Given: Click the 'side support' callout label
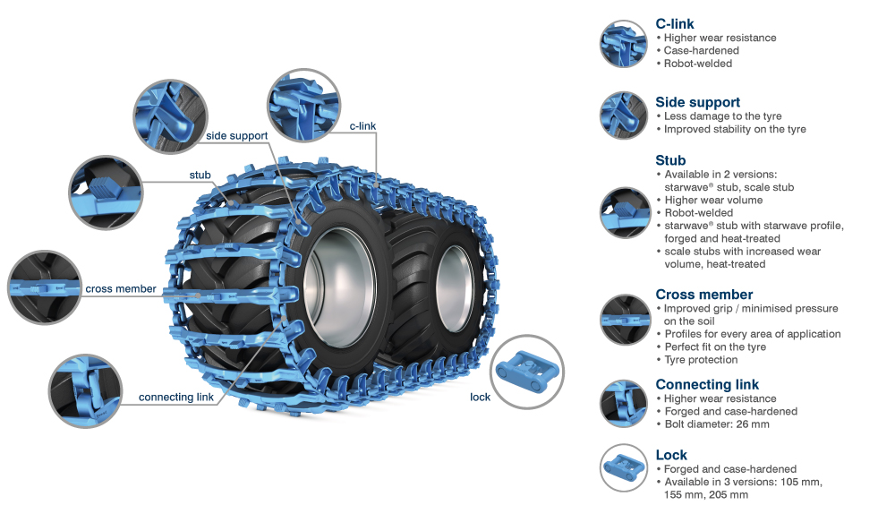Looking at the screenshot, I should [x=236, y=136].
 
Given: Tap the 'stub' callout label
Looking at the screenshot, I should [x=200, y=175].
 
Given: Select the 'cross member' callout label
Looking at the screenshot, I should [x=121, y=289].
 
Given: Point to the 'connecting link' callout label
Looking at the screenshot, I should [x=176, y=397].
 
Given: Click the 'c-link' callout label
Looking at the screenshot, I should [x=362, y=126].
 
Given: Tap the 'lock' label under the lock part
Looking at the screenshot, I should [x=480, y=397].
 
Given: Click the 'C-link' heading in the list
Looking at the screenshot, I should [x=675, y=24].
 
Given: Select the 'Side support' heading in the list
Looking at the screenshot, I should [x=697, y=102].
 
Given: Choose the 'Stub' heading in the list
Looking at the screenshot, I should [x=670, y=161].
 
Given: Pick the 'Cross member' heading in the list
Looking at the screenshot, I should [x=703, y=295].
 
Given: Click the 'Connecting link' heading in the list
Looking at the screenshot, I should [x=707, y=385].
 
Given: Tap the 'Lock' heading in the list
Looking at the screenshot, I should [x=671, y=455].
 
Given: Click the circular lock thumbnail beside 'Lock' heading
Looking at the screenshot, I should [x=623, y=467].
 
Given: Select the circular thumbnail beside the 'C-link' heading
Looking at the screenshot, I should [x=623, y=44].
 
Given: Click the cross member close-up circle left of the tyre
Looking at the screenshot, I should [x=44, y=288].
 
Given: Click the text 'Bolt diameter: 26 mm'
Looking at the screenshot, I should [x=717, y=424].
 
